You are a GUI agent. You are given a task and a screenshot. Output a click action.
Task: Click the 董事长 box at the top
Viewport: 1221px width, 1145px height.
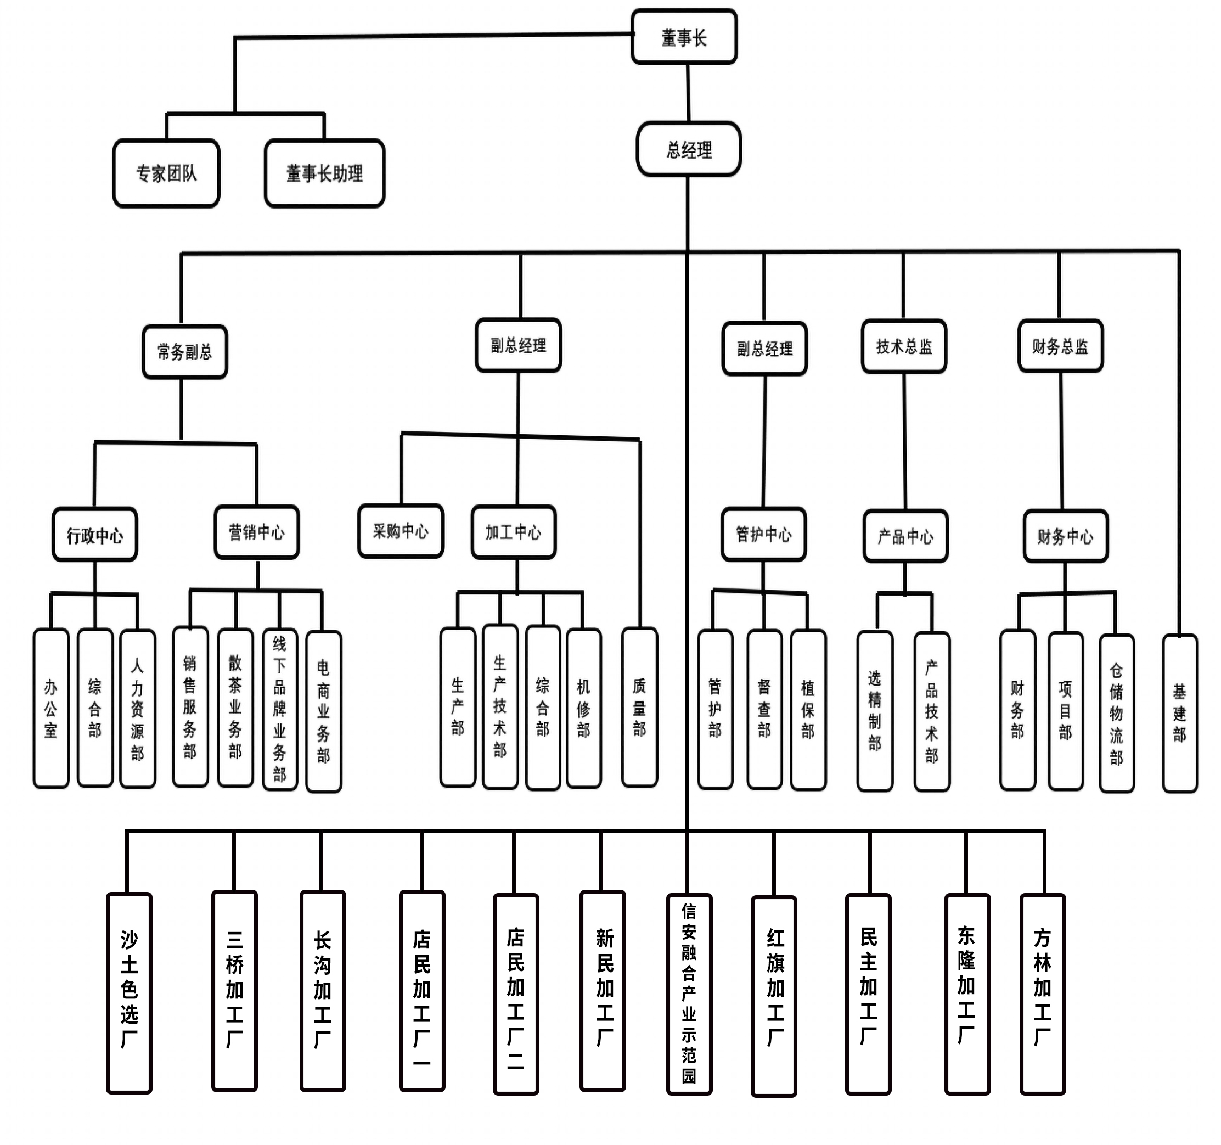tap(684, 37)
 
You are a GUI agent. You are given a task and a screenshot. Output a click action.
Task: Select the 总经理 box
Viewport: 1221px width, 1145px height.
tap(689, 150)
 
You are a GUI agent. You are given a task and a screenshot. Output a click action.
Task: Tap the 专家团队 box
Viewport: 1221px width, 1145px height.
tap(166, 173)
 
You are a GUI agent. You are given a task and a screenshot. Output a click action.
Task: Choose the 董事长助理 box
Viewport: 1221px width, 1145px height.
tap(324, 173)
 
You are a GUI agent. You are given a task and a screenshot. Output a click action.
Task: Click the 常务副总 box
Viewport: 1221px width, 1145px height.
tap(185, 352)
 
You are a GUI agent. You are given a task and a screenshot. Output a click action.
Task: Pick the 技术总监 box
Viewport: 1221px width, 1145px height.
tap(903, 346)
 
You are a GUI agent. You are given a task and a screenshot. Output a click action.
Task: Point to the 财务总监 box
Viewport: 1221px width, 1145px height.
tap(1060, 346)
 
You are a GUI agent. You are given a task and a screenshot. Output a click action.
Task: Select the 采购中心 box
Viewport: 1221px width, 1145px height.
tap(401, 531)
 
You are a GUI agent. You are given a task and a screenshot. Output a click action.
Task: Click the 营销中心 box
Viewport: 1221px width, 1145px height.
tap(257, 532)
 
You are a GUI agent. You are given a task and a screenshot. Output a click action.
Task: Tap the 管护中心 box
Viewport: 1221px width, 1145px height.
tap(763, 534)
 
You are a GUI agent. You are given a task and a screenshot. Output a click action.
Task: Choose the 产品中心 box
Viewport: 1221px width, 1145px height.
tap(905, 536)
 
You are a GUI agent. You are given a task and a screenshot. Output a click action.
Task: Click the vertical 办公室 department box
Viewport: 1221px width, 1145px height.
tap(51, 708)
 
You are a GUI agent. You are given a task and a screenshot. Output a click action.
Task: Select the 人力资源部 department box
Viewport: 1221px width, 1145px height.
tap(138, 708)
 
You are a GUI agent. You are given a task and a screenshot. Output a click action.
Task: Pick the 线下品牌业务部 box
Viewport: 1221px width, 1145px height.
tap(279, 708)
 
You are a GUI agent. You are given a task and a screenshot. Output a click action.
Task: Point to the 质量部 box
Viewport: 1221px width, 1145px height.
tap(639, 707)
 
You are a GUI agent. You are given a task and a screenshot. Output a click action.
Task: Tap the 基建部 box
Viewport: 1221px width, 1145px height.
tap(1179, 712)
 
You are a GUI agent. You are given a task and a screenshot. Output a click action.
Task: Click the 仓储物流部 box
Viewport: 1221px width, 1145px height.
tap(1116, 712)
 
